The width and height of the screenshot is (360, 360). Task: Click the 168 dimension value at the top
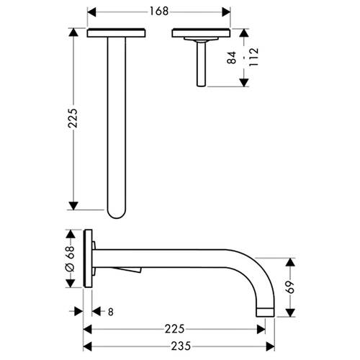pyautogui.click(x=159, y=12)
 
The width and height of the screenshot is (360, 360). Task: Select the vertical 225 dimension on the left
pyautogui.click(x=73, y=118)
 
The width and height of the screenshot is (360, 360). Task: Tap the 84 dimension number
pyautogui.click(x=232, y=58)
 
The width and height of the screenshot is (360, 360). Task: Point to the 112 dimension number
pyautogui.click(x=253, y=57)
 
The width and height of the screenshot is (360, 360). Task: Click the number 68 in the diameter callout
pyautogui.click(x=71, y=252)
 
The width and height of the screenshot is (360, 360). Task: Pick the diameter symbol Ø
pyautogui.click(x=71, y=267)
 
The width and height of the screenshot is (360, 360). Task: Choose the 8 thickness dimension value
pyautogui.click(x=110, y=312)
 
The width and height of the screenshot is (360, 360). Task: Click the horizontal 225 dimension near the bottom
pyautogui.click(x=174, y=329)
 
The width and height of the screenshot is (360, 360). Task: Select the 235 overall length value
pyautogui.click(x=181, y=346)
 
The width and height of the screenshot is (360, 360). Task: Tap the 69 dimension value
pyautogui.click(x=290, y=287)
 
